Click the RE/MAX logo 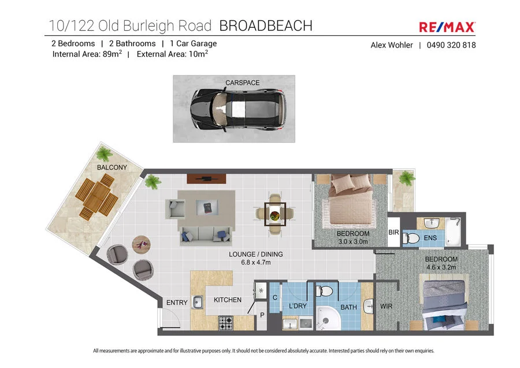[447, 27]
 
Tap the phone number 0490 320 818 [451, 45]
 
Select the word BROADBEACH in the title [266, 25]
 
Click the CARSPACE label [243, 83]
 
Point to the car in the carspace [239, 109]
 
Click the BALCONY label [112, 168]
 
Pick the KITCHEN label [228, 300]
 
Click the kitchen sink [198, 301]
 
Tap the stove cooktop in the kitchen [225, 323]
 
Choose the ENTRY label [177, 303]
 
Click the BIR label [394, 233]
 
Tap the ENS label [430, 238]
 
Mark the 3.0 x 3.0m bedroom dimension [352, 242]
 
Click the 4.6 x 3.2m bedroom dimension [441, 267]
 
